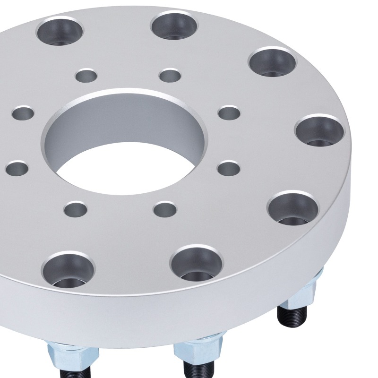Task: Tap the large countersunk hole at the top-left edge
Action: coord(59,29)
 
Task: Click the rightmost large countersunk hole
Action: coord(319,130)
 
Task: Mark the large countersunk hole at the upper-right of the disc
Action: coord(272,61)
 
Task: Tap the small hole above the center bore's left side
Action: coord(87,75)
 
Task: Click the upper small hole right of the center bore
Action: coord(230,112)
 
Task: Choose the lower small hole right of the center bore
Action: coord(229,168)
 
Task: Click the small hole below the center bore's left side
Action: coord(76,208)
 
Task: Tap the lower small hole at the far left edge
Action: coord(17,168)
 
